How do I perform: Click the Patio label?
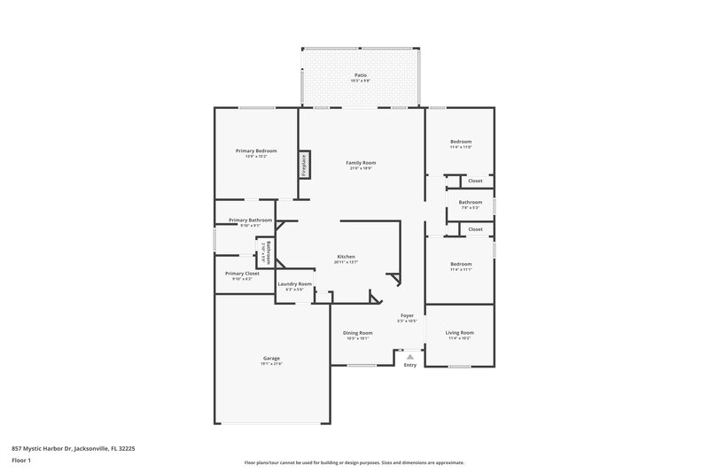pos(361,76)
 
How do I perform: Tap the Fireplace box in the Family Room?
pos(302,164)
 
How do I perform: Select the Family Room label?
pos(361,163)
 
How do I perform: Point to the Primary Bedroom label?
pos(256,151)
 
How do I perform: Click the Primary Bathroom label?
pos(250,221)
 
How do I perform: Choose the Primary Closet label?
pos(242,274)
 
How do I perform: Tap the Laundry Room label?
pos(294,284)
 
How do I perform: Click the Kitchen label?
pos(346,257)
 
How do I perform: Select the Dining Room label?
pos(358,333)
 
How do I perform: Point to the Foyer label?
pos(408,315)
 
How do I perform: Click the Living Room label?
pos(460,333)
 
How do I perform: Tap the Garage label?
pos(270,359)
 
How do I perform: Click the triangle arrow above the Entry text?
pos(409,356)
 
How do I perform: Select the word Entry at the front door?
pos(409,365)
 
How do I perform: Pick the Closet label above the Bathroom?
pos(475,181)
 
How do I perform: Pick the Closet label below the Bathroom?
pos(475,229)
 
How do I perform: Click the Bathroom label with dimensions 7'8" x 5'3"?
pos(470,203)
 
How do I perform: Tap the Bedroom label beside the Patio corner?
pos(460,142)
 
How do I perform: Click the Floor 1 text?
pos(22,461)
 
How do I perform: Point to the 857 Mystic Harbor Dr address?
pos(73,449)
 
